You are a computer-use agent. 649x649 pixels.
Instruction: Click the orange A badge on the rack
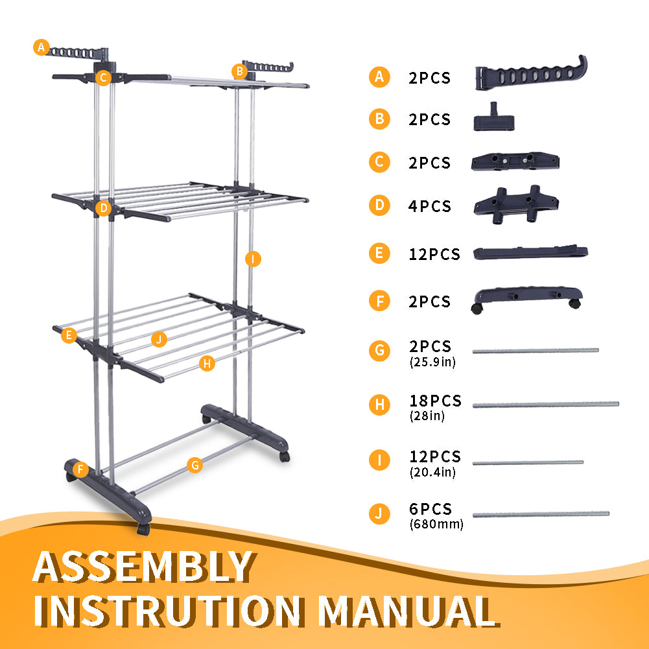point(41,47)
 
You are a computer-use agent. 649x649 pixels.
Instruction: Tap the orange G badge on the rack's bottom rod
point(195,465)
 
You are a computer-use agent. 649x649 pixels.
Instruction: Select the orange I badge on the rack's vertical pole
point(253,259)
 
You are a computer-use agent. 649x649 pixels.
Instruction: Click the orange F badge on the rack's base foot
point(80,469)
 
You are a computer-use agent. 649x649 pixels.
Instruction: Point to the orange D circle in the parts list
point(379,206)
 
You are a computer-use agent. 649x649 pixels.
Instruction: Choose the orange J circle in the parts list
point(379,513)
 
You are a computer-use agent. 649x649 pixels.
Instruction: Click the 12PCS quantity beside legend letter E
point(434,254)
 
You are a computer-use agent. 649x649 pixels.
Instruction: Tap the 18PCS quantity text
point(435,401)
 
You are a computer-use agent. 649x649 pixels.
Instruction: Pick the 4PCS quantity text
point(429,206)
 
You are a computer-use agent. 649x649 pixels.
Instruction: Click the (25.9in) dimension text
point(432,362)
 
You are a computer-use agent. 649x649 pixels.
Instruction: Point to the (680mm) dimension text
point(436,524)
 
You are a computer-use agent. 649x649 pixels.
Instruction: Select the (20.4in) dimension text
point(432,472)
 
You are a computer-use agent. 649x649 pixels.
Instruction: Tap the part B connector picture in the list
point(494,117)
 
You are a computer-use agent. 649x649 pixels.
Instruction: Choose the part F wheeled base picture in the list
point(527,299)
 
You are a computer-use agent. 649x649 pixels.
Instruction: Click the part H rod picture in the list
point(545,405)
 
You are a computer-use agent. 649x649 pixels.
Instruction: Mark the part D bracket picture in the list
point(516,204)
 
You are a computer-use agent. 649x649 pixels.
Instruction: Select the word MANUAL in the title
point(408,611)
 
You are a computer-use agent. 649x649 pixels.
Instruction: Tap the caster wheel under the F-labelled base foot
point(143,529)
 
